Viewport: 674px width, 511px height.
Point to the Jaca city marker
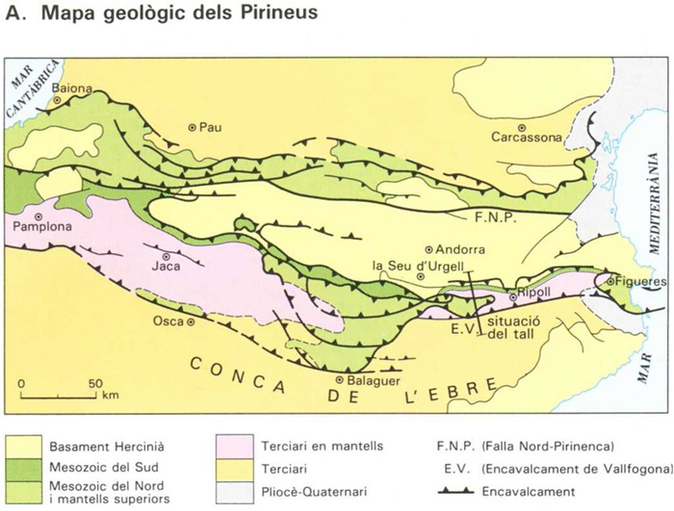coord(167,257)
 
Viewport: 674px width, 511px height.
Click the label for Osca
coord(170,321)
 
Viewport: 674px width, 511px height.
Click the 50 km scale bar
coord(58,394)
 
